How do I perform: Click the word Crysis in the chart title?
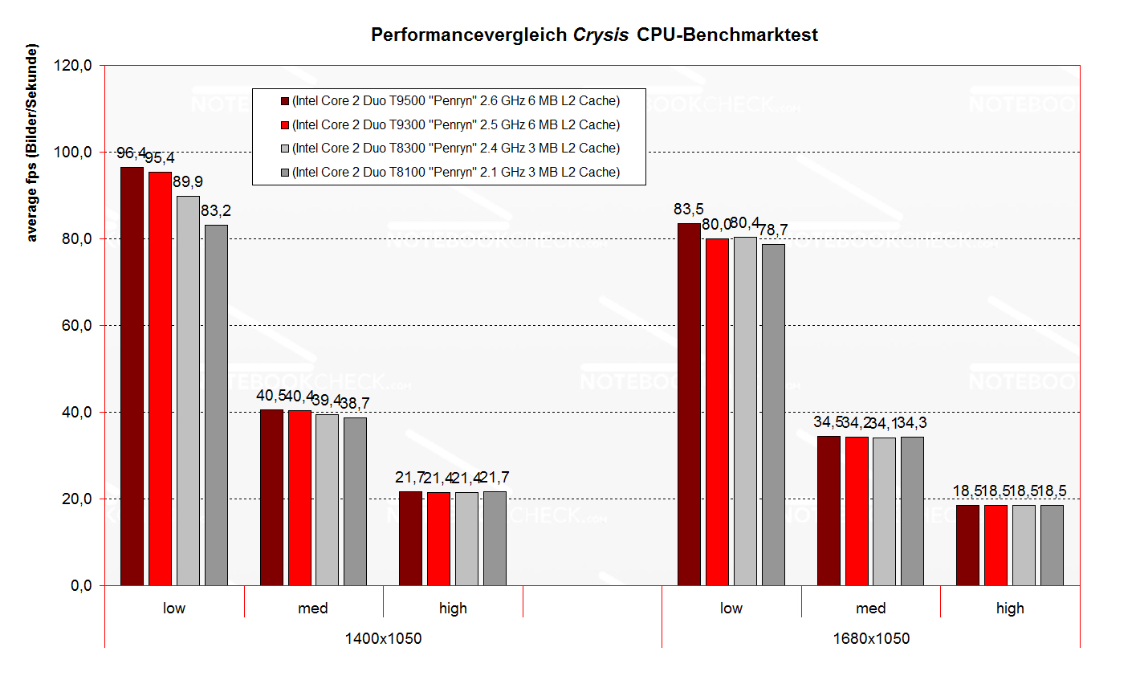pos(601,35)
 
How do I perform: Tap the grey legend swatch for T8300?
pos(284,149)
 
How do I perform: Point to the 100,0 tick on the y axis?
pos(73,152)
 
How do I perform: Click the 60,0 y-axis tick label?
pos(73,325)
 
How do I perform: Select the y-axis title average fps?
pos(32,143)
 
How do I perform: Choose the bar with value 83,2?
pos(216,405)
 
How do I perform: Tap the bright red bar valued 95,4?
pos(160,378)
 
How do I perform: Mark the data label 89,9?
pos(187,182)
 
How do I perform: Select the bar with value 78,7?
pos(773,414)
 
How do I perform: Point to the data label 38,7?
pos(355,403)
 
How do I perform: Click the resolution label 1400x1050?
pos(383,639)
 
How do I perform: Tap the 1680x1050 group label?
pos(871,639)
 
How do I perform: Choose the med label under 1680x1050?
pos(871,609)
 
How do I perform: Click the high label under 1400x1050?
pos(453,609)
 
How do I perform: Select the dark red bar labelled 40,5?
pos(271,497)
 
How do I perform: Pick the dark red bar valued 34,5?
pos(829,511)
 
